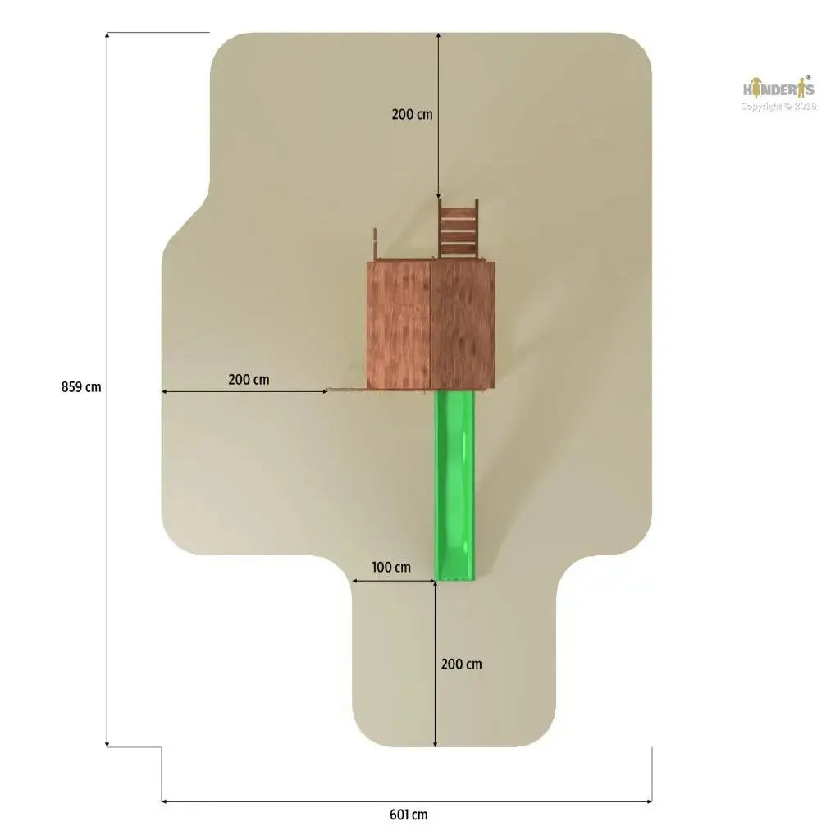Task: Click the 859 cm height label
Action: (x=81, y=387)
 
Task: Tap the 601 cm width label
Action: (x=409, y=815)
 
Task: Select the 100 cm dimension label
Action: (x=391, y=567)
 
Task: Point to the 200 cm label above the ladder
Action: (x=412, y=114)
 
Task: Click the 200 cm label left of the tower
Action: (x=249, y=379)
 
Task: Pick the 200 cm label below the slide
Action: (x=461, y=664)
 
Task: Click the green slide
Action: (x=454, y=486)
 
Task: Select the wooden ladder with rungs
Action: (x=458, y=231)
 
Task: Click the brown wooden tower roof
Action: (x=431, y=325)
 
